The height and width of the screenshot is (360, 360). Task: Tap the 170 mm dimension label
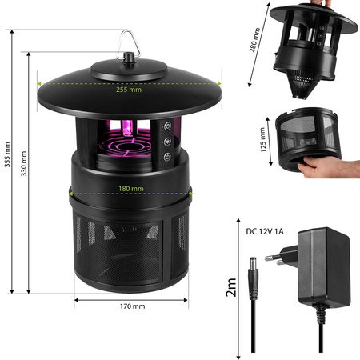coord(133,306)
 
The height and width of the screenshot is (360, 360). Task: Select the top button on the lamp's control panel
coord(166,126)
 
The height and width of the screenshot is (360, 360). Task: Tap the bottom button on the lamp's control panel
coord(166,156)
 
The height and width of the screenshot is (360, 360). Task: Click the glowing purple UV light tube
coord(129,131)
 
